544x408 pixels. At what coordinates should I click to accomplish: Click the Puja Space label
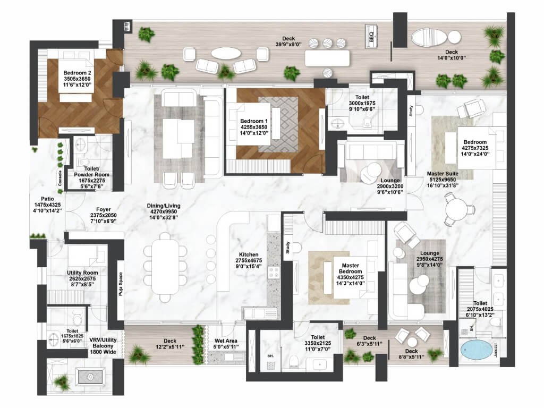[121, 284]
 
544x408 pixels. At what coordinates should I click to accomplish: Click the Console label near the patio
[60, 178]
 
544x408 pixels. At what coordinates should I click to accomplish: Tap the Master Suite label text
[443, 174]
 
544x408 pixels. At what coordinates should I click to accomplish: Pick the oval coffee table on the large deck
[226, 53]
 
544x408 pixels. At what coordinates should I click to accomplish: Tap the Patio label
[47, 199]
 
